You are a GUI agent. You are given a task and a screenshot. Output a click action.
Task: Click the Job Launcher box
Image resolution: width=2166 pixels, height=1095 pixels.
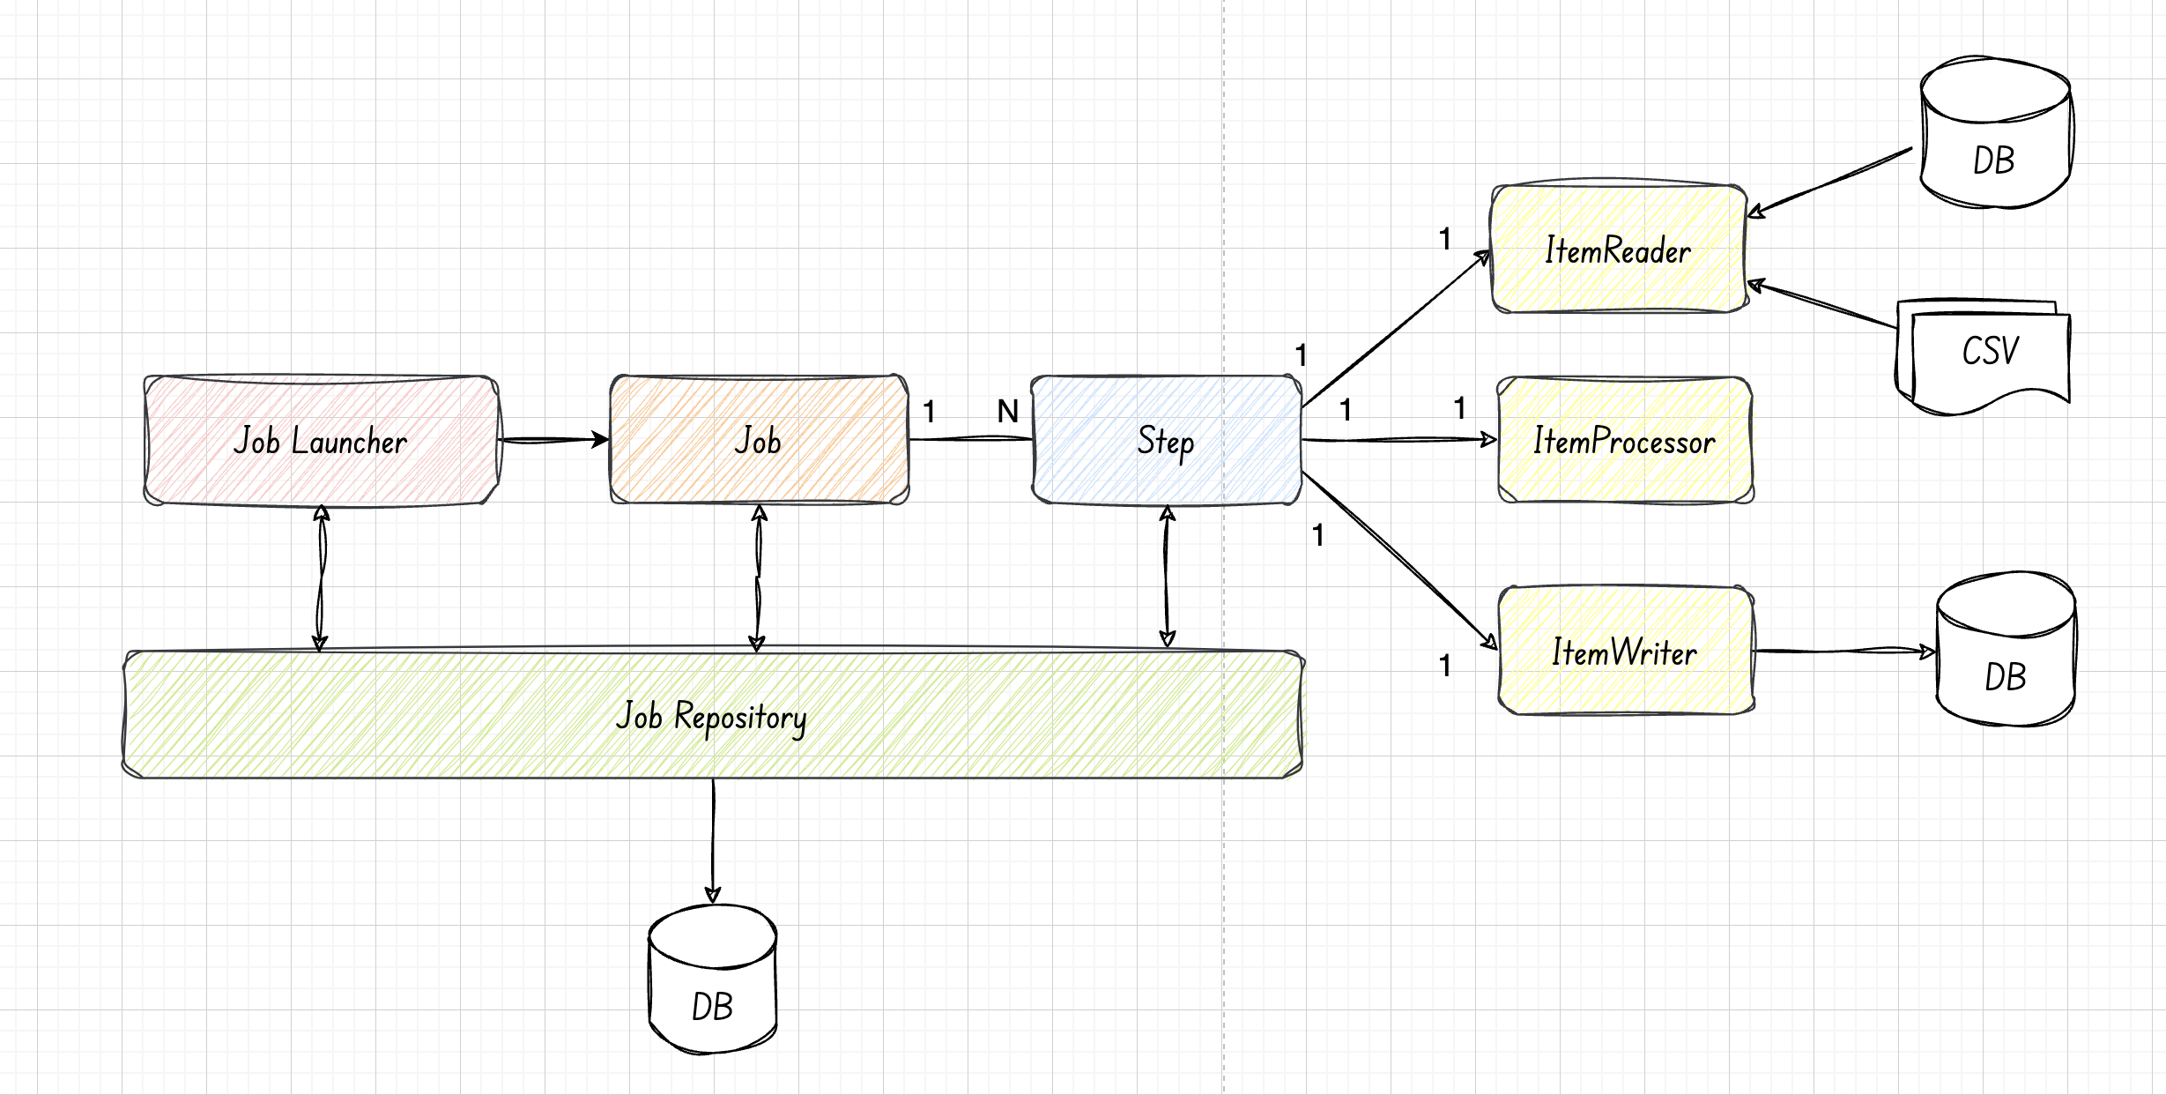point(322,441)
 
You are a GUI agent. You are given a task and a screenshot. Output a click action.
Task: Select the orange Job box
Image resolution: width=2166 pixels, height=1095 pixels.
point(759,440)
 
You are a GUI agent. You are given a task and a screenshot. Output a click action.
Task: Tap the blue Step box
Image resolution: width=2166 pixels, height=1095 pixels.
point(1167,440)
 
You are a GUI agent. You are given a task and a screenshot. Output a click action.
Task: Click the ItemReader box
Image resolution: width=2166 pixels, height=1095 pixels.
point(1619,249)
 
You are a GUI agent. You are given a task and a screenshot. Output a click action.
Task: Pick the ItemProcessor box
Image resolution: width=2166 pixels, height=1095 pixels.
point(1625,440)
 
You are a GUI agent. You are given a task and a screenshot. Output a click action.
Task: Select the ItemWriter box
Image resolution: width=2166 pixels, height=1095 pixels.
point(1625,651)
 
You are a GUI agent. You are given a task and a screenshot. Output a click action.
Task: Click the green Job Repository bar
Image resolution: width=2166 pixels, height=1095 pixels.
point(713,714)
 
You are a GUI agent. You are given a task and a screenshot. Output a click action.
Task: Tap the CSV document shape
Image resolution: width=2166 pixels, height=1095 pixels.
point(1983,356)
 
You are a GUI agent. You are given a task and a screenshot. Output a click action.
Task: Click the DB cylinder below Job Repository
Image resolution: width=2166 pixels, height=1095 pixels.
point(712,979)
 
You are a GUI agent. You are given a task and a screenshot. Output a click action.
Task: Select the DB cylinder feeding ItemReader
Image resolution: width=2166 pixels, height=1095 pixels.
point(1996,132)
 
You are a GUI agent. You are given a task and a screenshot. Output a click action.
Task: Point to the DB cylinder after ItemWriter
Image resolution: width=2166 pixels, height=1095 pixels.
point(2006,649)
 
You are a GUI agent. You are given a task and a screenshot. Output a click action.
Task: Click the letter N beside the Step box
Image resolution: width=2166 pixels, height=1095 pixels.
point(1008,411)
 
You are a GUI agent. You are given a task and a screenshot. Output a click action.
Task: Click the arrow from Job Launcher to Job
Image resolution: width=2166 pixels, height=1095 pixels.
point(554,439)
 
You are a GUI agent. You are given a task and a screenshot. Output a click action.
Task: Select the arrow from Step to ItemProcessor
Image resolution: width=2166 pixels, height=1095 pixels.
point(1399,439)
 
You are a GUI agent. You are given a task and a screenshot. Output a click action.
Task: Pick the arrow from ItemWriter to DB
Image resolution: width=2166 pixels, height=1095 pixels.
point(1845,652)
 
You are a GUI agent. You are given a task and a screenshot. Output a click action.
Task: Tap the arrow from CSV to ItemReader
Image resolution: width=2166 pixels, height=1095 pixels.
point(1821,304)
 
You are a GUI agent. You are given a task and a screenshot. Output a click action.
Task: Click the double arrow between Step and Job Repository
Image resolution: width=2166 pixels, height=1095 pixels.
point(1167,577)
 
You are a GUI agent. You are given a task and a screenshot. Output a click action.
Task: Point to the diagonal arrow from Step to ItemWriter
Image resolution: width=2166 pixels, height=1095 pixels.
point(1399,561)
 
